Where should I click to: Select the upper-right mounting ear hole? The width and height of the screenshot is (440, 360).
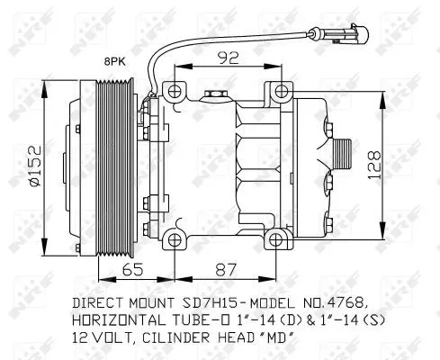[x=280, y=90]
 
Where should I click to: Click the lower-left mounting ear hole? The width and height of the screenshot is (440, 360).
[x=172, y=238]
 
